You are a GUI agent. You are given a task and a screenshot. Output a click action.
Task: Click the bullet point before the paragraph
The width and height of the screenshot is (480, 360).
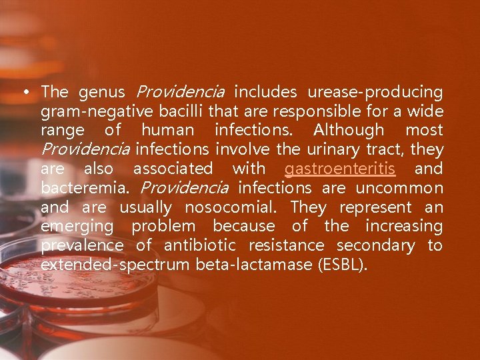pyautogui.click(x=25, y=91)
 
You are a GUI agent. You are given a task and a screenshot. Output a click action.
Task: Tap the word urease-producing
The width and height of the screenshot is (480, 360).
pyautogui.click(x=375, y=91)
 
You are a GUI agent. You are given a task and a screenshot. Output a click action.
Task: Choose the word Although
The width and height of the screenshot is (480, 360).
pyautogui.click(x=349, y=130)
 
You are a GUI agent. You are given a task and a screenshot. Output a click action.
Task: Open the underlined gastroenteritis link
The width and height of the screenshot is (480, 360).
pyautogui.click(x=340, y=169)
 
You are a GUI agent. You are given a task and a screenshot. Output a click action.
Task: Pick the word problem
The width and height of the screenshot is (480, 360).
pyautogui.click(x=163, y=227)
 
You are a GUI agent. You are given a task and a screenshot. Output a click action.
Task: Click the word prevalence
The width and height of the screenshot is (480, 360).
pyautogui.click(x=82, y=246)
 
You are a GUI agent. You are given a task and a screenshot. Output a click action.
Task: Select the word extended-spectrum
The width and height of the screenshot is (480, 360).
pyautogui.click(x=115, y=265)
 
